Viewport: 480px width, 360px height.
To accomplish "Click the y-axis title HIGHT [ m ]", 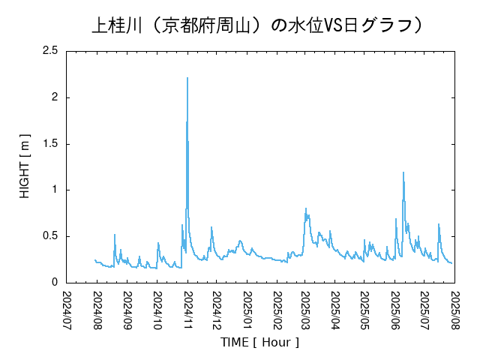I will [25, 166].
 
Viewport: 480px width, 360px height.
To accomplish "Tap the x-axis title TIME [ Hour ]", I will [259, 342].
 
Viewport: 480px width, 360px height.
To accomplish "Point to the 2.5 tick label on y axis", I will [50, 51].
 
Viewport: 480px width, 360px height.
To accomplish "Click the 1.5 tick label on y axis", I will [50, 144].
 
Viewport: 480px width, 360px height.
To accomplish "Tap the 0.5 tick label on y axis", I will [50, 236].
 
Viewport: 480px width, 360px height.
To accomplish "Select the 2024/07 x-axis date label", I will [67, 309].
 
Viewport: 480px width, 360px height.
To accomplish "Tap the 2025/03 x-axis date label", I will [305, 309].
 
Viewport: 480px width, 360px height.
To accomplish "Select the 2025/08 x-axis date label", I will [454, 309].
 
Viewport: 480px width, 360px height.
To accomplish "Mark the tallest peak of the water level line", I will [187, 78].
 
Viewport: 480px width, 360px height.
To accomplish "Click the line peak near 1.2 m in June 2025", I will [403, 172].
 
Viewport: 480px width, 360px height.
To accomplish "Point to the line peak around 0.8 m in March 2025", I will [306, 208].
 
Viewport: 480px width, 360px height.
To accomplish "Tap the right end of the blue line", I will [451, 262].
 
